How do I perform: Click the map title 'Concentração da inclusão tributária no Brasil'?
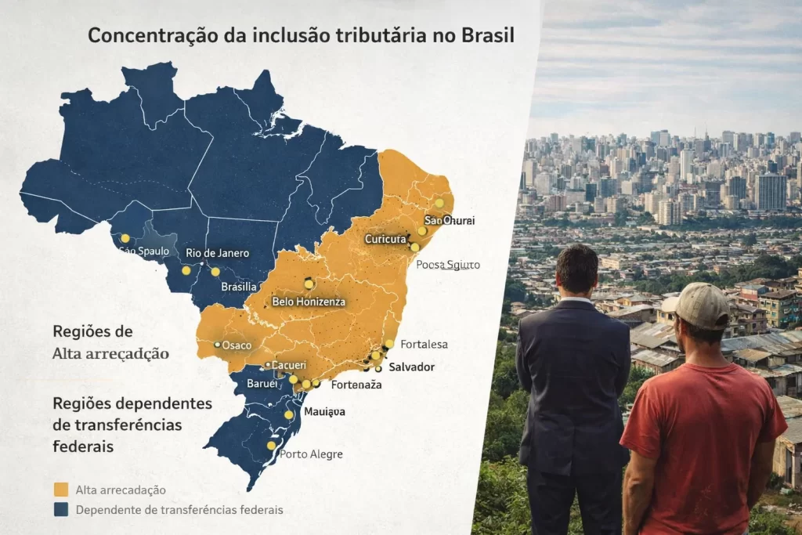301,35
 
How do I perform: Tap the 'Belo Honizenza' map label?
309,302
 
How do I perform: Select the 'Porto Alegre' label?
311,454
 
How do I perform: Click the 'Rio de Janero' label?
218,253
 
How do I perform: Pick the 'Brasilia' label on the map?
239,287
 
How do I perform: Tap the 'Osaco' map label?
237,345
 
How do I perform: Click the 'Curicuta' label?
385,239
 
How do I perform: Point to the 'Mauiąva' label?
324,412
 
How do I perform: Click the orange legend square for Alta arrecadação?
61,490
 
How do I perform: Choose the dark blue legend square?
61,509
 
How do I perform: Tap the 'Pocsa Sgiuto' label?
447,265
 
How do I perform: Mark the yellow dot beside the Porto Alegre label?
271,446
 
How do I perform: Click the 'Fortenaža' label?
356,385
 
